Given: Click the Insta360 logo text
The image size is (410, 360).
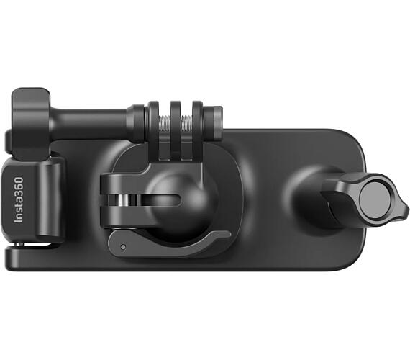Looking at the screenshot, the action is [19, 200].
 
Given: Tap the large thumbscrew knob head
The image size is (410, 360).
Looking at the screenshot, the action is [31, 124].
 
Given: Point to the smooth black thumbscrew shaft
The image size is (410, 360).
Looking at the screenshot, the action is [89, 123].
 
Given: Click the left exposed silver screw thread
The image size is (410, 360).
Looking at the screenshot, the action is [165, 124].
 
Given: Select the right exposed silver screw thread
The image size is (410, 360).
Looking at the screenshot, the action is [187, 123].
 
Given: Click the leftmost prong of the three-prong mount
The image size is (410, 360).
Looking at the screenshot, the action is [153, 130].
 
